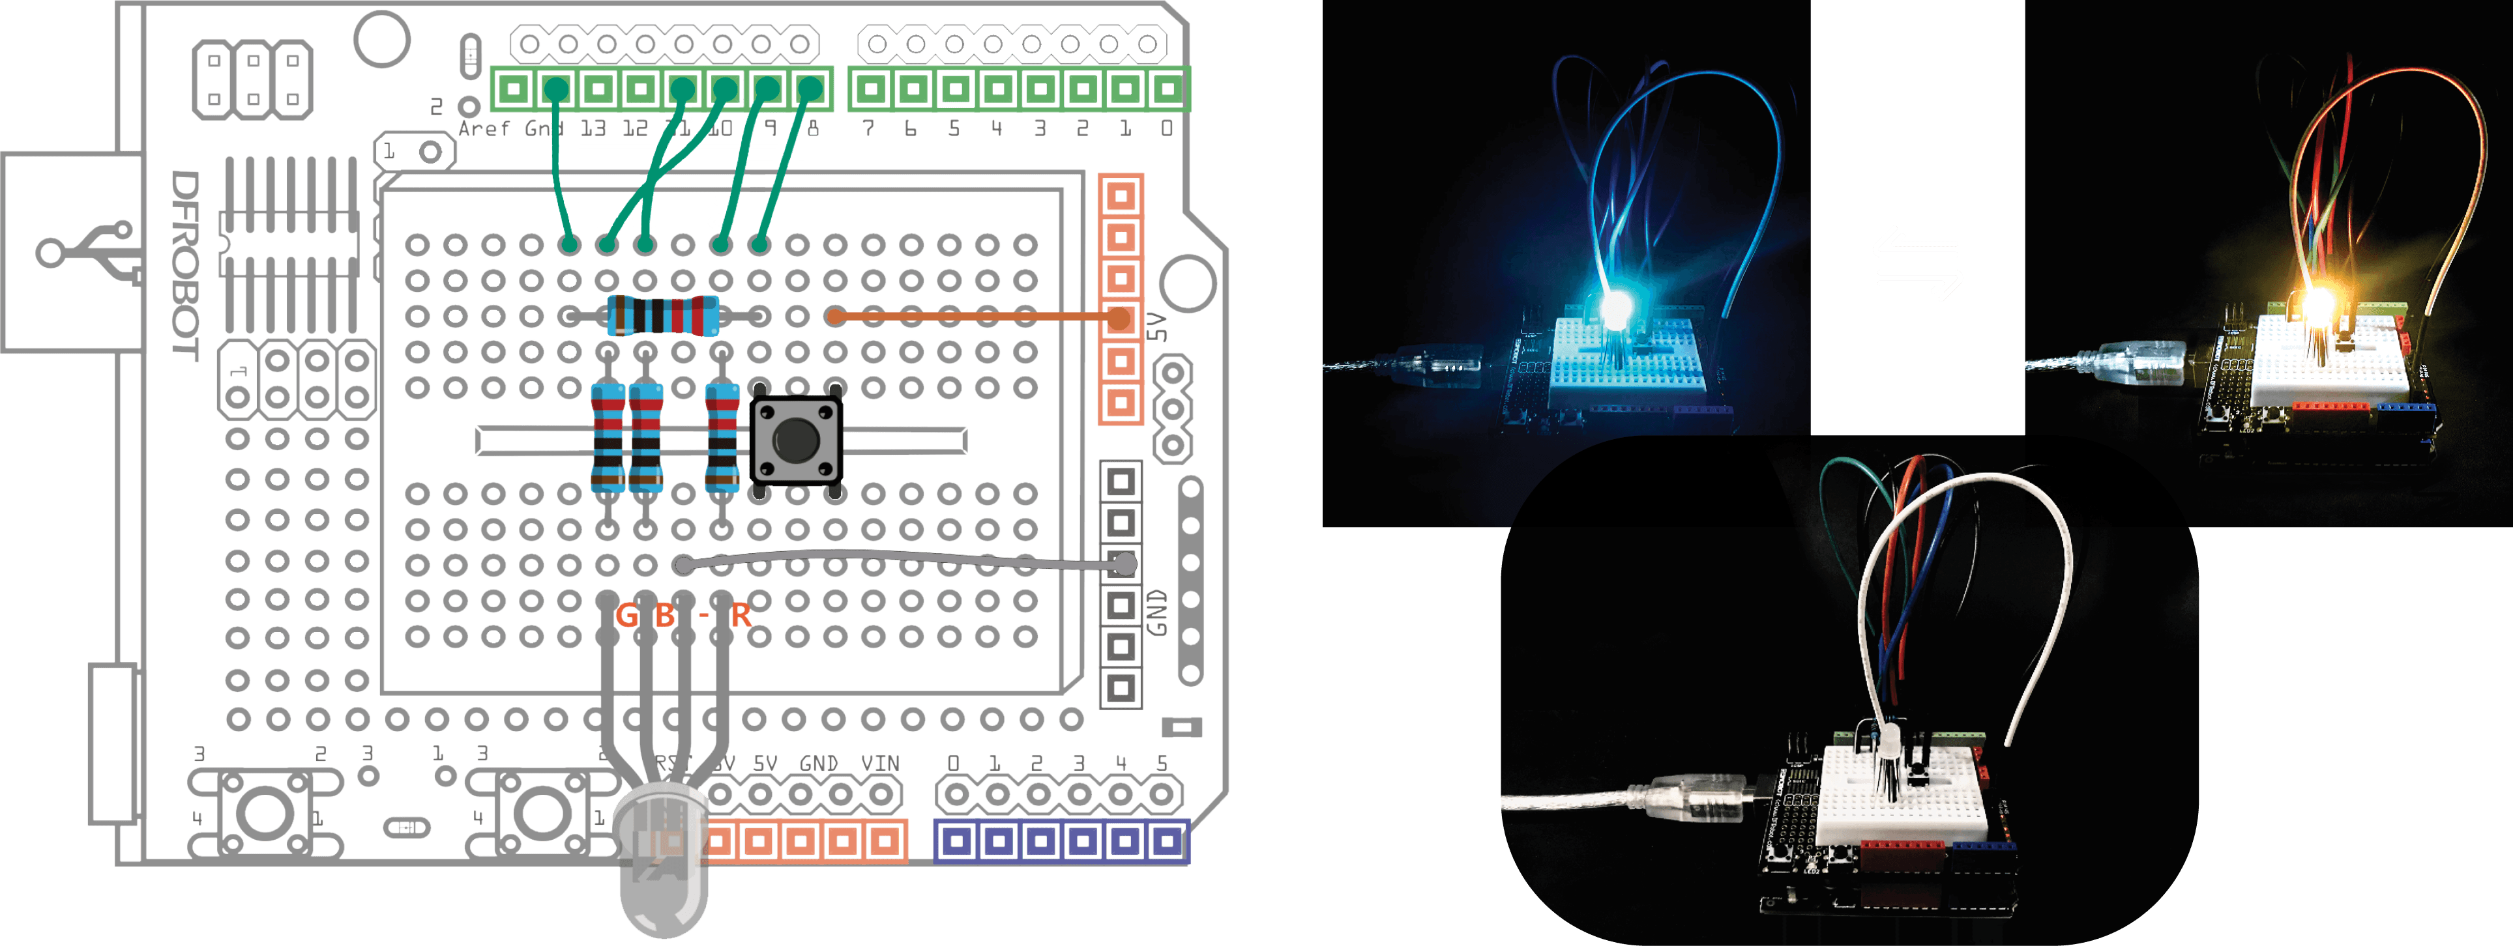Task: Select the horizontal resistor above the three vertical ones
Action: click(664, 316)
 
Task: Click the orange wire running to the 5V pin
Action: click(976, 316)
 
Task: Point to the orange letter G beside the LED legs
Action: click(626, 616)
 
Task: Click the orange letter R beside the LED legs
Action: click(741, 616)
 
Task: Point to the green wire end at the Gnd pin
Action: click(556, 91)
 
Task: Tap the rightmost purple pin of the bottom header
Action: click(1167, 840)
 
